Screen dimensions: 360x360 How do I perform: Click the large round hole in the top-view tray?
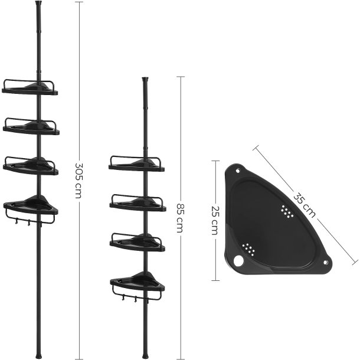[238, 260]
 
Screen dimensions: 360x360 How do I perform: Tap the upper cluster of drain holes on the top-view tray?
[287, 211]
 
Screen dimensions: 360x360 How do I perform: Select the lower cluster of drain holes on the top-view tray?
[250, 250]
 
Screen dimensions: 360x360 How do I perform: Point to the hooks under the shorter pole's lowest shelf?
[137, 299]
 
